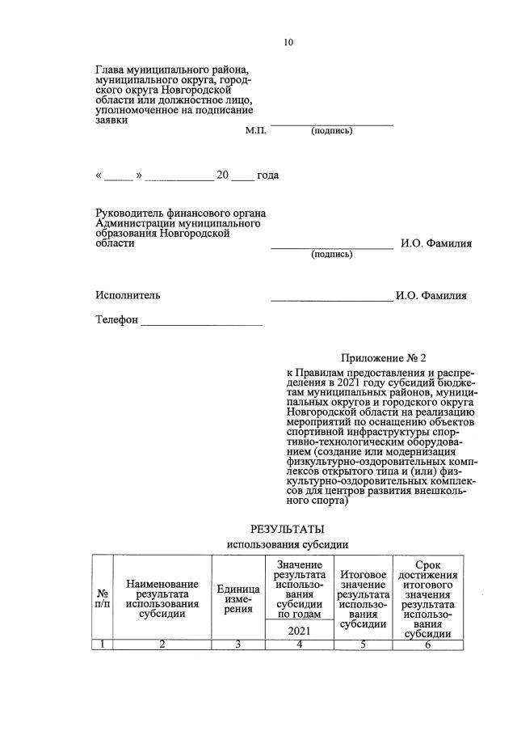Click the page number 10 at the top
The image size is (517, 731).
click(x=288, y=43)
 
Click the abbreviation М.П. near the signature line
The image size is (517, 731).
click(x=255, y=130)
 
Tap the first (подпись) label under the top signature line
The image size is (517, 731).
click(x=331, y=130)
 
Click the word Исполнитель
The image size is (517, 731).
click(x=128, y=295)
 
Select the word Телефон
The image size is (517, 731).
click(x=117, y=320)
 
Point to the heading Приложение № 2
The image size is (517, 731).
click(x=382, y=357)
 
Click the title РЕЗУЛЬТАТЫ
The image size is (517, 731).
click(x=288, y=530)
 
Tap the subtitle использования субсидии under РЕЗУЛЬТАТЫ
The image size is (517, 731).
click(x=288, y=545)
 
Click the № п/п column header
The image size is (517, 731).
click(x=102, y=599)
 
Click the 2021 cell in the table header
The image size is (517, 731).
click(x=299, y=630)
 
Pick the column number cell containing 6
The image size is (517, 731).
click(x=427, y=644)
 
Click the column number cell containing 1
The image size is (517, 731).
click(x=102, y=644)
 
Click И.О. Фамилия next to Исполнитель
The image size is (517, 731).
click(x=431, y=296)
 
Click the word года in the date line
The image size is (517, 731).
click(x=267, y=175)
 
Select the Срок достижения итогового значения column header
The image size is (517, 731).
click(x=427, y=599)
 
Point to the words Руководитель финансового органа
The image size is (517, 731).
click(x=180, y=213)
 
